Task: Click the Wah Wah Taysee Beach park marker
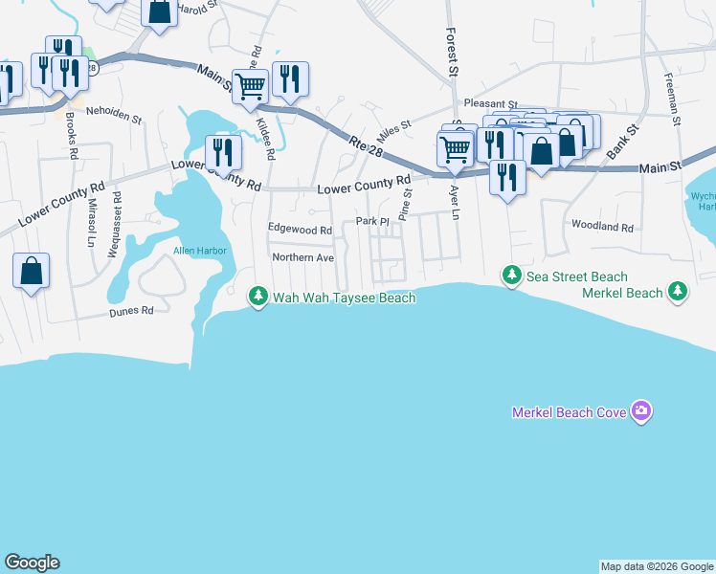pos(257,297)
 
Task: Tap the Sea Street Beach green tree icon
pos(512,276)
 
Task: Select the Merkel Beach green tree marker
pos(678,290)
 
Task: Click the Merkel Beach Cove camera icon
pos(641,411)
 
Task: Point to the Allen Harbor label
pos(195,252)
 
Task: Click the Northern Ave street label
pos(302,258)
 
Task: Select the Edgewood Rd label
pos(300,231)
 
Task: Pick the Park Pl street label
pos(372,221)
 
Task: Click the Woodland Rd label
pos(603,228)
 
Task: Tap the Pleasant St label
pos(490,103)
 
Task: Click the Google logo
pos(33,563)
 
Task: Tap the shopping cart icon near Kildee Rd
pos(250,86)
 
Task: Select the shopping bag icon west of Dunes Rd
pos(31,270)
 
